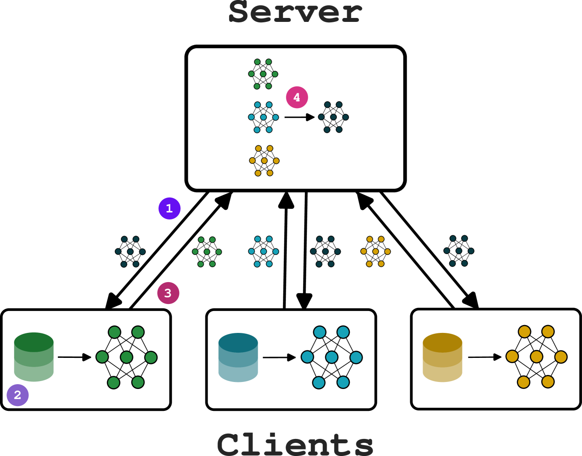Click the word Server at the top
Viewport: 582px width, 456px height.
pos(295,12)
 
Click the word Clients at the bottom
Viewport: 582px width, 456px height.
pos(295,444)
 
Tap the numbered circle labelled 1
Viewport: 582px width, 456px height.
pos(169,209)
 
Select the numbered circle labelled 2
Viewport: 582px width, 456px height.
pos(18,395)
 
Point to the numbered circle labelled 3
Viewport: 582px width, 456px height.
pos(168,293)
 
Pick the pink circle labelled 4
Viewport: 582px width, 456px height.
pos(297,97)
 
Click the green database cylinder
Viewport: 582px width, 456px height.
pos(34,357)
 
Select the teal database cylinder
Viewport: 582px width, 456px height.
pos(238,357)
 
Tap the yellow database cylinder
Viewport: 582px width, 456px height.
pos(442,357)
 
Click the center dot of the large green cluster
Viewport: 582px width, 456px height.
pos(127,357)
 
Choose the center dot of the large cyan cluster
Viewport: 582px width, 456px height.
pos(332,357)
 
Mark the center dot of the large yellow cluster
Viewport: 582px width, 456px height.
pos(536,357)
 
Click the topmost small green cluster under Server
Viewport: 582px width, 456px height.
pos(263,74)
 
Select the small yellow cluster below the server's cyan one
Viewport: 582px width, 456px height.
pos(264,161)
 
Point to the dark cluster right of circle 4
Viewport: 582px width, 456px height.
pos(333,117)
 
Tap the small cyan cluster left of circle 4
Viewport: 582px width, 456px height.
pos(263,117)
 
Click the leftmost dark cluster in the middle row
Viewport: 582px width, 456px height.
pos(130,251)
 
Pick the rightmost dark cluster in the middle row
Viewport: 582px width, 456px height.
pos(459,251)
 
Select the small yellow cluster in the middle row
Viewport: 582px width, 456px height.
pos(375,251)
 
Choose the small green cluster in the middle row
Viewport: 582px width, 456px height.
pos(207,252)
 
